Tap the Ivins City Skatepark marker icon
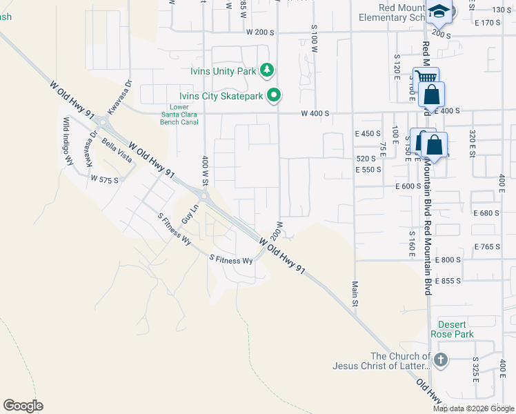[x=274, y=96]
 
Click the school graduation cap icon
[x=439, y=11]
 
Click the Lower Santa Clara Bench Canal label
[x=179, y=115]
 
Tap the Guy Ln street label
[x=190, y=213]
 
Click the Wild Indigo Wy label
[x=68, y=141]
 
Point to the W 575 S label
[x=105, y=179]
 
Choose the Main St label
[x=355, y=293]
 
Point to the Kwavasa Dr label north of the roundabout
[x=119, y=99]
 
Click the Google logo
[x=23, y=405]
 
